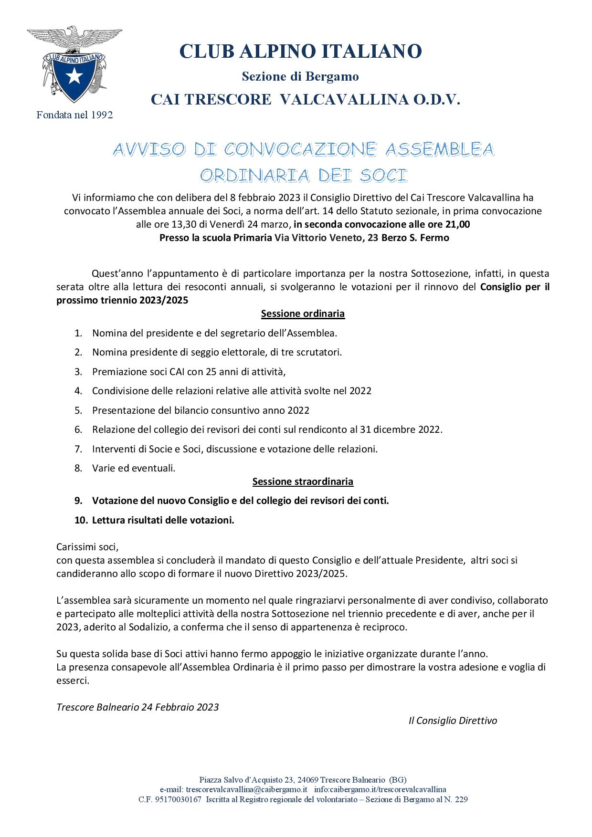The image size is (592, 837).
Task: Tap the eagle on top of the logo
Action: click(x=74, y=38)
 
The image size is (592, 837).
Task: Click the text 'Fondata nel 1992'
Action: click(x=74, y=115)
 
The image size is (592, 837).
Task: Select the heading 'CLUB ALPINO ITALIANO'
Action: click(x=301, y=51)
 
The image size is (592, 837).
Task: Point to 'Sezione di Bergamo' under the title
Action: click(x=300, y=76)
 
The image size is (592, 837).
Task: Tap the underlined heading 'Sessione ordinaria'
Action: click(x=303, y=314)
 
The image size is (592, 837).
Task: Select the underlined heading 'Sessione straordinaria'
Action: click(x=303, y=481)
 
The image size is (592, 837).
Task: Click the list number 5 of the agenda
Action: click(x=78, y=410)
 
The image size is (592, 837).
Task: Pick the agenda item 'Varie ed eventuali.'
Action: click(x=134, y=468)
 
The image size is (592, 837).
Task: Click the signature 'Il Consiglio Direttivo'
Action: click(x=453, y=721)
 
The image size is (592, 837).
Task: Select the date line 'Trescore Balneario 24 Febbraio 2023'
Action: click(x=137, y=707)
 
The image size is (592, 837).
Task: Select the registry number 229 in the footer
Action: click(x=461, y=799)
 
